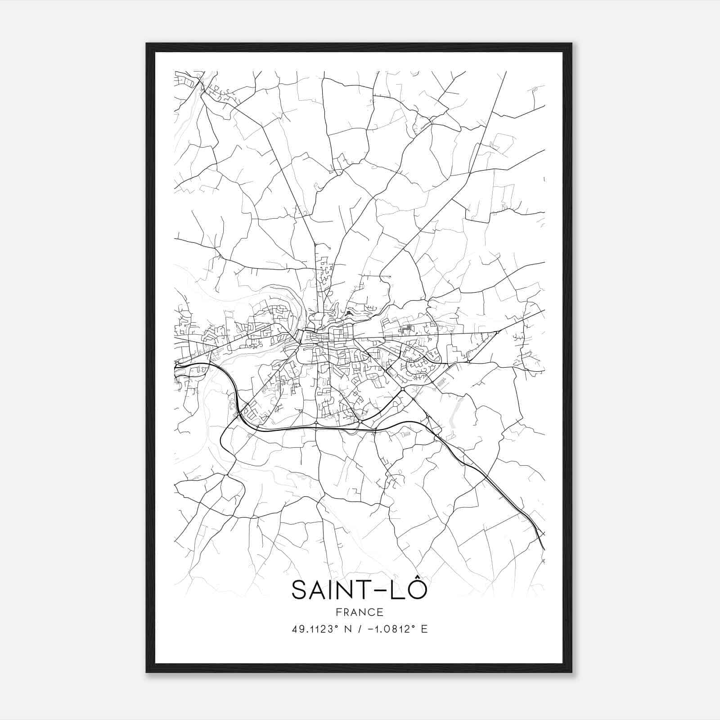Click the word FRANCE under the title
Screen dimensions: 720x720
tap(360, 612)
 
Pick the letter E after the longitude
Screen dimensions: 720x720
tap(424, 629)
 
